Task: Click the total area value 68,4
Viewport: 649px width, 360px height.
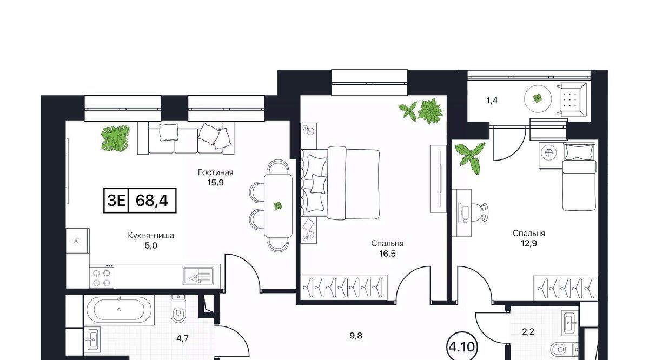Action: pos(152,200)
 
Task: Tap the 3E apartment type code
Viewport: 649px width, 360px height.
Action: pos(116,200)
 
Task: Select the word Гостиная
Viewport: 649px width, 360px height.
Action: pos(216,172)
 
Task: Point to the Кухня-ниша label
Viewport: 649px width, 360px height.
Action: pos(151,236)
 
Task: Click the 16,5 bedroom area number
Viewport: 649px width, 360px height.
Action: pos(387,254)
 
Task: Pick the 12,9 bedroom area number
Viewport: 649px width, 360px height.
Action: pos(529,243)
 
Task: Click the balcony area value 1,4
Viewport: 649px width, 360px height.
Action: pos(492,101)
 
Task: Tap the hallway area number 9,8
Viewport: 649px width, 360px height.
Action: pos(356,336)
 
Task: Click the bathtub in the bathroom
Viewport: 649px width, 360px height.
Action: pos(120,310)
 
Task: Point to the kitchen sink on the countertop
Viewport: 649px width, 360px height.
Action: pos(198,276)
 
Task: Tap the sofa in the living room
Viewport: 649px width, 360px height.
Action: pos(186,138)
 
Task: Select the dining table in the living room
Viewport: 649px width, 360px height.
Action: pos(278,206)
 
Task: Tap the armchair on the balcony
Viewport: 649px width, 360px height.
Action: pos(573,99)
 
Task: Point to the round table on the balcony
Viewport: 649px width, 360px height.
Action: pos(538,98)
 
